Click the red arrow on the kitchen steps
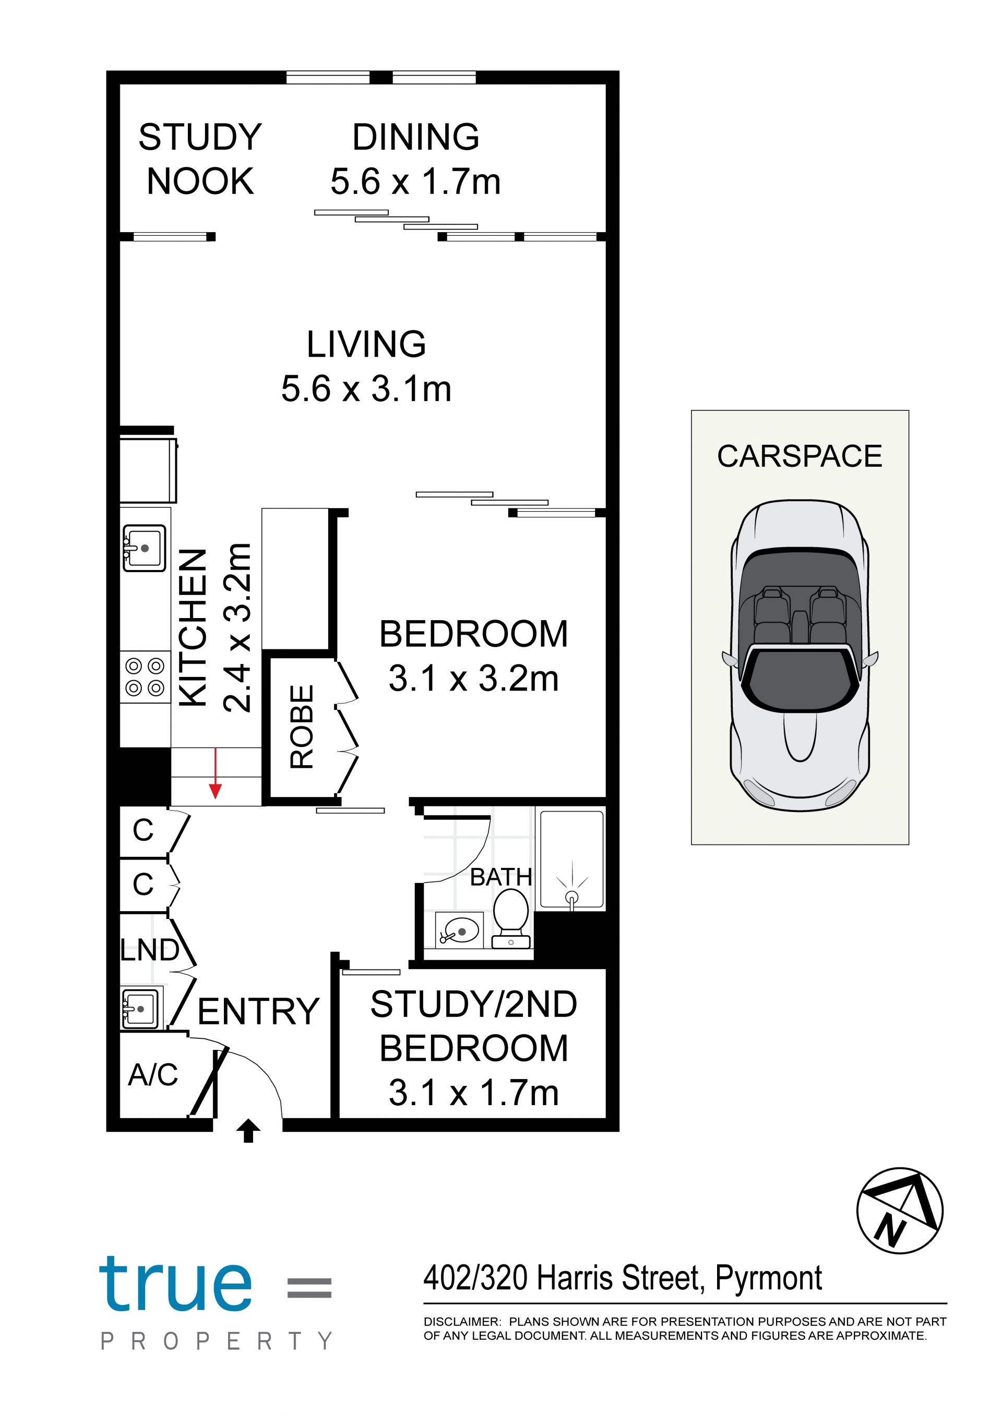216,773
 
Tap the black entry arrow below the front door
248,1131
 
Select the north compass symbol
900,1211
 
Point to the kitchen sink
145,548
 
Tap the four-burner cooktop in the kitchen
145,676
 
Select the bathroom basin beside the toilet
460,930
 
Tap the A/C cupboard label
153,1074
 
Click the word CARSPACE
800,456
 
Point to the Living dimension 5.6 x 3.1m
366,389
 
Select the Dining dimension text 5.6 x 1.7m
416,181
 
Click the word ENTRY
258,1011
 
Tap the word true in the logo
176,1284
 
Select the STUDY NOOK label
200,159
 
